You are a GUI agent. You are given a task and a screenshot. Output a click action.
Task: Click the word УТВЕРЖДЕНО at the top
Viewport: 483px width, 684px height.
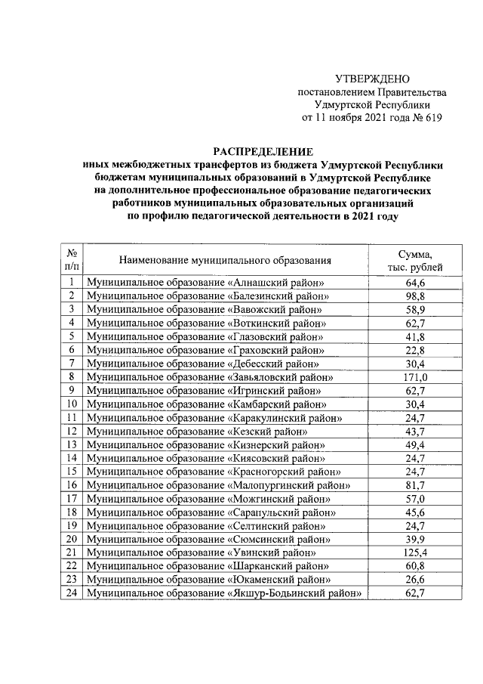pyautogui.click(x=372, y=79)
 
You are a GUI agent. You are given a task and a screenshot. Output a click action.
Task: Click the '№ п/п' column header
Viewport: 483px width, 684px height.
pyautogui.click(x=72, y=260)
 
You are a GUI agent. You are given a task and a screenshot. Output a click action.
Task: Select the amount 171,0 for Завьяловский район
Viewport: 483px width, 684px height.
pyautogui.click(x=415, y=376)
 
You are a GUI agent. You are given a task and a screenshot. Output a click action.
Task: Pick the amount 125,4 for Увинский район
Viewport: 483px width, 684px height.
pyautogui.click(x=415, y=552)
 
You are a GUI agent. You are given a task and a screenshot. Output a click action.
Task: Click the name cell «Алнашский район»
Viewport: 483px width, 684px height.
pyautogui.click(x=206, y=283)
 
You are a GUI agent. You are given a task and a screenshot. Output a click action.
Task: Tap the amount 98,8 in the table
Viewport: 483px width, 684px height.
pyautogui.click(x=415, y=296)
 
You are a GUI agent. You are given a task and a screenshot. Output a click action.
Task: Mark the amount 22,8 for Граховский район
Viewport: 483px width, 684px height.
pyautogui.click(x=415, y=349)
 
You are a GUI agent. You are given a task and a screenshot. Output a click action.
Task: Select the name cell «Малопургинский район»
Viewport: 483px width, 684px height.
pyautogui.click(x=218, y=484)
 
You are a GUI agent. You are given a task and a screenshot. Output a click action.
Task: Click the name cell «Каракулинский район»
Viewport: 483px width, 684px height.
pyautogui.click(x=215, y=417)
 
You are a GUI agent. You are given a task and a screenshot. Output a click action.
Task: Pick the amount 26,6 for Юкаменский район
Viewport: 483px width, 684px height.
pyautogui.click(x=415, y=579)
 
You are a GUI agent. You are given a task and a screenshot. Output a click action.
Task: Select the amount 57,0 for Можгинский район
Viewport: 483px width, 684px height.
pyautogui.click(x=415, y=498)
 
